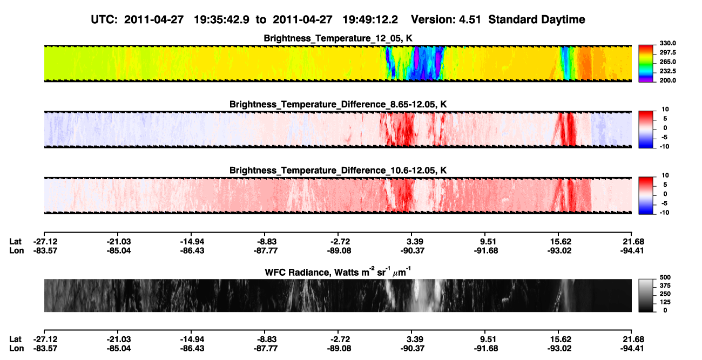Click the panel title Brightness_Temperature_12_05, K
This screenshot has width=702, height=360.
[x=338, y=38]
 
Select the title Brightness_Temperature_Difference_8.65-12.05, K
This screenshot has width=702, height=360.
[x=338, y=105]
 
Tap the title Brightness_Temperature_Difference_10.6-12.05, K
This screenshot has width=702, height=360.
[x=338, y=171]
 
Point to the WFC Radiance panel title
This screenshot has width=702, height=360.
[x=338, y=272]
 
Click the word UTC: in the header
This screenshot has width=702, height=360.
[x=104, y=20]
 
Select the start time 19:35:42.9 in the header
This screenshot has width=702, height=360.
[x=221, y=20]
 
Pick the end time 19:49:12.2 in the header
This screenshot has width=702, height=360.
[x=370, y=20]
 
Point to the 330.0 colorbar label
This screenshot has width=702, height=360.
[x=668, y=43]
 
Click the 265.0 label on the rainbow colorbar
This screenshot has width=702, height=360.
[x=668, y=62]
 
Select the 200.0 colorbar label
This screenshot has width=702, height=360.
[x=668, y=80]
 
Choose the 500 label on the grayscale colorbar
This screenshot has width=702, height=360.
[x=665, y=277]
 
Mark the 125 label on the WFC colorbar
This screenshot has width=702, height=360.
[x=665, y=302]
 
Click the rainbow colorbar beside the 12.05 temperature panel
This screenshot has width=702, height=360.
[x=646, y=64]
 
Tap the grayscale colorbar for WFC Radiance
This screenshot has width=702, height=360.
[x=646, y=295]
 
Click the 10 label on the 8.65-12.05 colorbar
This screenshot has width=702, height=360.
[x=665, y=110]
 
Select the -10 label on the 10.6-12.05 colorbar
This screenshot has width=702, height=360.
[x=664, y=213]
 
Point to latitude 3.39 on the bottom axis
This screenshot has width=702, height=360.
[x=415, y=339]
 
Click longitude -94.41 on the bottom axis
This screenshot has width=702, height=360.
[x=632, y=349]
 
